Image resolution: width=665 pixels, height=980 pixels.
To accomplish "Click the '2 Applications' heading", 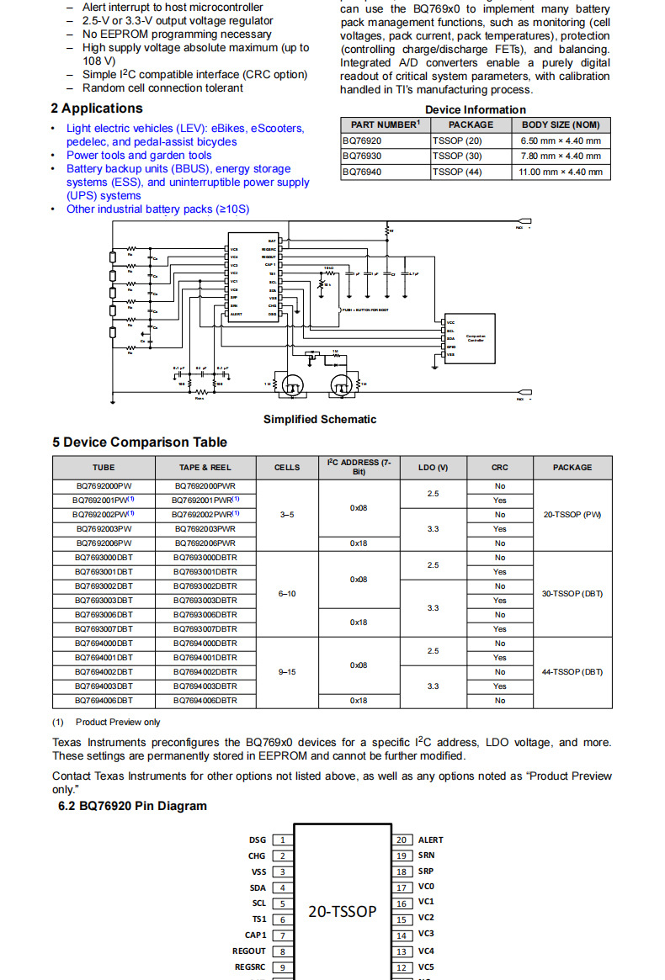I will pyautogui.click(x=97, y=109).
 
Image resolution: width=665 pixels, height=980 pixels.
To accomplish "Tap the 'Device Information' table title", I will pyautogui.click(x=475, y=109).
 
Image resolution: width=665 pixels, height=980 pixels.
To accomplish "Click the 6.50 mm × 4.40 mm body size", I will pyautogui.click(x=561, y=141).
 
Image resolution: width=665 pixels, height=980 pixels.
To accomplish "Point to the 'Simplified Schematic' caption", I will pyautogui.click(x=320, y=419).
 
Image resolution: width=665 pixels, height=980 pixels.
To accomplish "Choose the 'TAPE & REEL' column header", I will pyautogui.click(x=205, y=468).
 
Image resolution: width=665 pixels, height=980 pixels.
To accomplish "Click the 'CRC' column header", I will pyautogui.click(x=500, y=468).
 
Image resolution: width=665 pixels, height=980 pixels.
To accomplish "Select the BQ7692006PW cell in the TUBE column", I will pyautogui.click(x=104, y=543).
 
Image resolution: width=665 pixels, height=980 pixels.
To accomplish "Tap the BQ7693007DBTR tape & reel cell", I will pyautogui.click(x=205, y=629).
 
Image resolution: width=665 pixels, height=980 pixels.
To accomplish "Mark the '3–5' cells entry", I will pyautogui.click(x=287, y=514).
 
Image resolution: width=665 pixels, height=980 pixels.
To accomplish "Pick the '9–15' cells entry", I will pyautogui.click(x=287, y=672).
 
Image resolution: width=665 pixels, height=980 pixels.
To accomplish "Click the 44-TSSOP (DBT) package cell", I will pyautogui.click(x=572, y=672).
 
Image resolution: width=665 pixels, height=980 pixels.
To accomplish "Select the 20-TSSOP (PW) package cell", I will pyautogui.click(x=572, y=514).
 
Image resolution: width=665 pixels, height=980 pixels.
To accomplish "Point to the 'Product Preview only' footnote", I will pyautogui.click(x=117, y=722).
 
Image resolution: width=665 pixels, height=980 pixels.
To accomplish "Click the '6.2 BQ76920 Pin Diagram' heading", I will pyautogui.click(x=132, y=806).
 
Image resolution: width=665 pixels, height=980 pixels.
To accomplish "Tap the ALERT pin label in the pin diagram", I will pyautogui.click(x=430, y=840).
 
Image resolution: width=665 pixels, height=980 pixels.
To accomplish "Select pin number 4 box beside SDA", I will pyautogui.click(x=282, y=887).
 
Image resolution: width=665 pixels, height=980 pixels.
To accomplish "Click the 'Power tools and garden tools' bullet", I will pyautogui.click(x=139, y=156).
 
